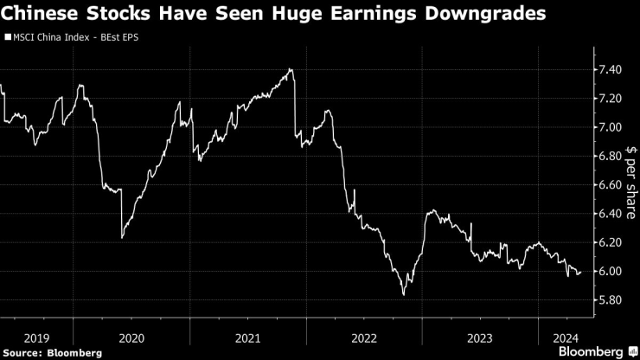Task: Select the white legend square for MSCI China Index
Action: pyautogui.click(x=7, y=38)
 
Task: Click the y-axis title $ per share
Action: pyautogui.click(x=630, y=186)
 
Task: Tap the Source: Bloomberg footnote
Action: pyautogui.click(x=52, y=352)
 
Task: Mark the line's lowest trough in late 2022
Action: pyautogui.click(x=404, y=295)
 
